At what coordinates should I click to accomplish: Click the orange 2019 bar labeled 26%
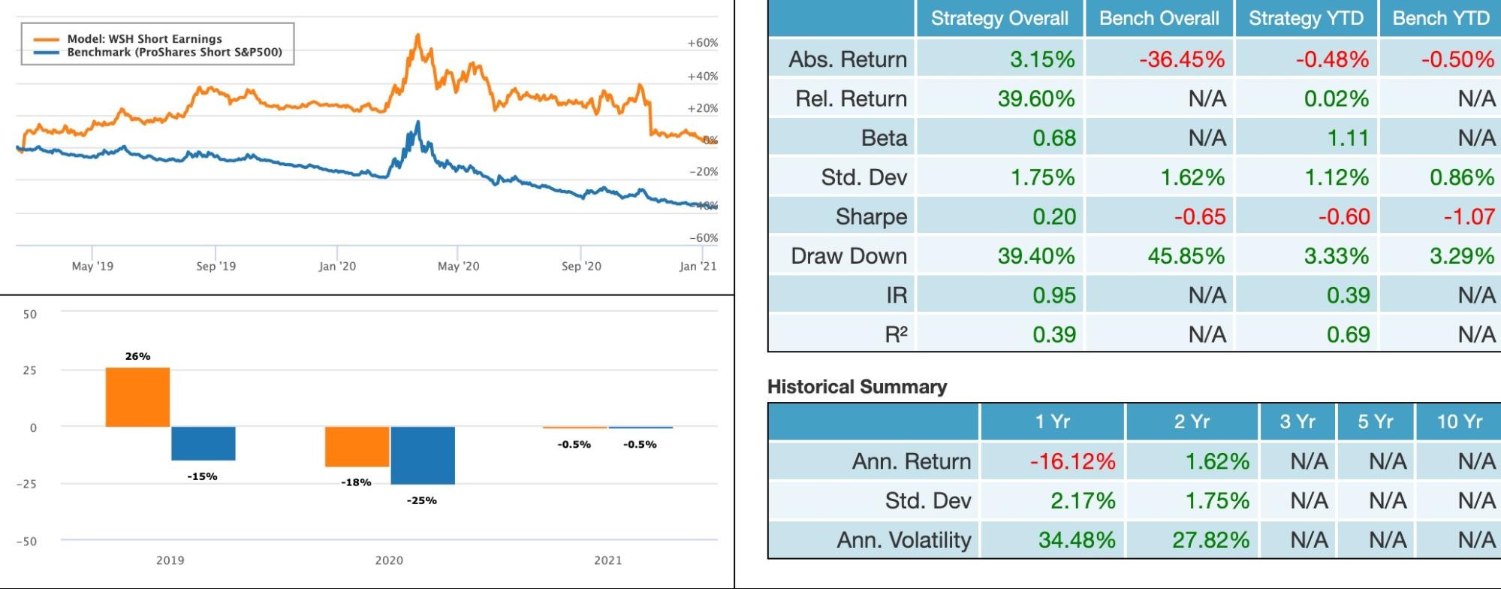tap(137, 397)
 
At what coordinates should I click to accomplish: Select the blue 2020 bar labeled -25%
tap(423, 455)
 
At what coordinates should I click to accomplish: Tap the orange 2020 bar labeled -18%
tap(357, 446)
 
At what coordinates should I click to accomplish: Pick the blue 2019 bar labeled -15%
tap(203, 443)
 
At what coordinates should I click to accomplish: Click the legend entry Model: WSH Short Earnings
tap(144, 38)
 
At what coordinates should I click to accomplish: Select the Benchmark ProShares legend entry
tap(174, 53)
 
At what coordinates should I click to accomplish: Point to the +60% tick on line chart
tap(702, 43)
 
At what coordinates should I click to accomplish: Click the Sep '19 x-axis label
tap(216, 266)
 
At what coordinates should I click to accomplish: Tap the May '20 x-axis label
tap(458, 266)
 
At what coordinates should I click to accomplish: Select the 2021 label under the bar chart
tap(607, 560)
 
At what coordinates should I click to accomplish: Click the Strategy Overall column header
tap(999, 19)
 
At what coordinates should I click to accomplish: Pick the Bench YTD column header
tap(1440, 19)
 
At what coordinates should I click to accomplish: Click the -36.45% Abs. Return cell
tap(1181, 59)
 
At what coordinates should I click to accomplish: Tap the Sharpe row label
tap(871, 217)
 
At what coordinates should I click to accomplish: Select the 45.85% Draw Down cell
tap(1186, 256)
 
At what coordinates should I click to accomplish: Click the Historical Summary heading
tap(857, 387)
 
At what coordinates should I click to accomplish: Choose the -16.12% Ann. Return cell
tap(1072, 461)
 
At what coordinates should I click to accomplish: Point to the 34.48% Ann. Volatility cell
tap(1076, 540)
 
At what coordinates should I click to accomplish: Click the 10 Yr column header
tap(1459, 421)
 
